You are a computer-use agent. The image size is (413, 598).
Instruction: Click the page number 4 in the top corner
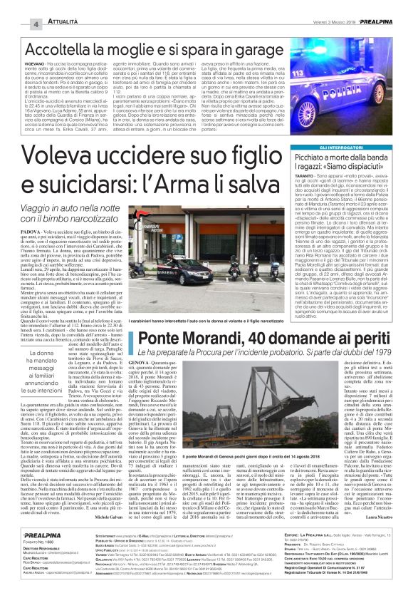coord(15,25)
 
